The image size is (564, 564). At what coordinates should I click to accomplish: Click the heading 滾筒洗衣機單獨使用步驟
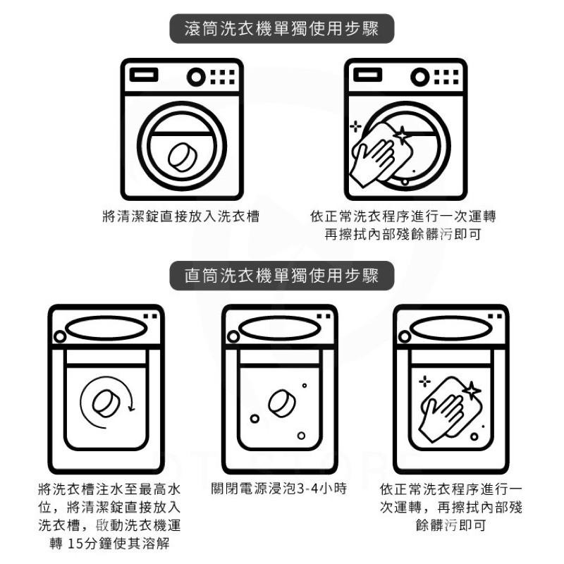(x=281, y=29)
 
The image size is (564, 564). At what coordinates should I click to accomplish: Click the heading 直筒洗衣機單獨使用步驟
(x=281, y=276)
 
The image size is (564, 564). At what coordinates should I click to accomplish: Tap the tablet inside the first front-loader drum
(x=183, y=157)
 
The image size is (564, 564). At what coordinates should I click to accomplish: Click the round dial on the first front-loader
(x=196, y=77)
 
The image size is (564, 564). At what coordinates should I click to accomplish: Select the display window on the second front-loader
(x=367, y=75)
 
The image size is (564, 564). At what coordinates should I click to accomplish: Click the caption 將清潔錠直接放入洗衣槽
(x=181, y=216)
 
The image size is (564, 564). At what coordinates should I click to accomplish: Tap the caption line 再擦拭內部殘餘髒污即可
(x=403, y=235)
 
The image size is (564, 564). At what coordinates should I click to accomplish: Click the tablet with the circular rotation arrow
(x=106, y=403)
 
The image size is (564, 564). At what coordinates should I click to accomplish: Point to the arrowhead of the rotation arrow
(x=132, y=408)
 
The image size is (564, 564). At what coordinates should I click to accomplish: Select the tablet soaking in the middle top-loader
(x=281, y=403)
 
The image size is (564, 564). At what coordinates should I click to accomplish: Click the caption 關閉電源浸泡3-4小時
(x=279, y=489)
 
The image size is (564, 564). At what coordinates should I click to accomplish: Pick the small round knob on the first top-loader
(x=60, y=337)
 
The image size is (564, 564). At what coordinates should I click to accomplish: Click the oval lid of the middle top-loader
(x=279, y=329)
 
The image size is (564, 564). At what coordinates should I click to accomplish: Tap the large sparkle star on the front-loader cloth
(x=401, y=135)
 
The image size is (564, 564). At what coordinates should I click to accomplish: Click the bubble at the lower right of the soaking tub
(x=301, y=436)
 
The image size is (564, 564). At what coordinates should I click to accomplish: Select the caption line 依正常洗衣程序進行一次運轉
(x=403, y=216)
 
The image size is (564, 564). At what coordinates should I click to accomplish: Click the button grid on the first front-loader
(x=222, y=77)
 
